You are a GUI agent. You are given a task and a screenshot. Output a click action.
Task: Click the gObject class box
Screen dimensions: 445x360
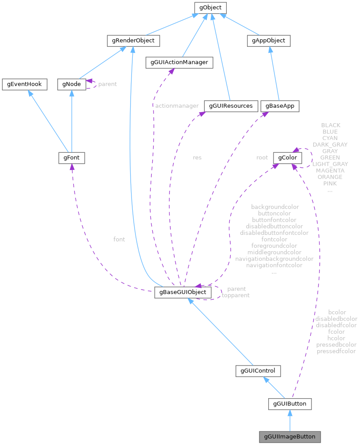pos(210,8)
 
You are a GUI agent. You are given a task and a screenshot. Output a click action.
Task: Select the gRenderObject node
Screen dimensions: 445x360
pos(133,41)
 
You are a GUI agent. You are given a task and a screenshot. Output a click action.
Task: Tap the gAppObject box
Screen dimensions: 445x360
pos(268,41)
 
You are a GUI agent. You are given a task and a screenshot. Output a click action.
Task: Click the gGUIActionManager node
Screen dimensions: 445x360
pos(179,63)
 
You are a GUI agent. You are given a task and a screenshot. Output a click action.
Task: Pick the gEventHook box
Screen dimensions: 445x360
pos(24,84)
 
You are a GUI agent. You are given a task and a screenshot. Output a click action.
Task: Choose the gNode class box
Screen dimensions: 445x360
pos(71,84)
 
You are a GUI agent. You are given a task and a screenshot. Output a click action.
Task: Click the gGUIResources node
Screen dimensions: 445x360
pos(230,106)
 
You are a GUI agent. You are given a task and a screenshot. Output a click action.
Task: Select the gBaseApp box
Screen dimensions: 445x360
pos(280,106)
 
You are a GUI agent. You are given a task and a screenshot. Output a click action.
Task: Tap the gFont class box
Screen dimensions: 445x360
pos(71,158)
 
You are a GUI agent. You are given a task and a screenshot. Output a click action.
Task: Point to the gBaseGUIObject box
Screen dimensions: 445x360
pos(183,292)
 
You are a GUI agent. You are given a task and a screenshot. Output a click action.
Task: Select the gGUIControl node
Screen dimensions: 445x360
pos(258,371)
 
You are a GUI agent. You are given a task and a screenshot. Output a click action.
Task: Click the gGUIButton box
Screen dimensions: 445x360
pos(290,404)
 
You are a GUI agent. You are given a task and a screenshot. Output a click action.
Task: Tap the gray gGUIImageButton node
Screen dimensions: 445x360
pos(289,437)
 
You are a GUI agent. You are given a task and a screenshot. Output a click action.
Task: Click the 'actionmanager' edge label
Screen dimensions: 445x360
pos(176,106)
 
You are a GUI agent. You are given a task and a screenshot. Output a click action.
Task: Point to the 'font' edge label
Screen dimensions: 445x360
pos(119,239)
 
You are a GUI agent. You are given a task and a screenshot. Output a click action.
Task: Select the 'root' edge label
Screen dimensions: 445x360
pos(262,157)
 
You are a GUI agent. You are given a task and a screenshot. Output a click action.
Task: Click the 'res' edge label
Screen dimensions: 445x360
pos(197,157)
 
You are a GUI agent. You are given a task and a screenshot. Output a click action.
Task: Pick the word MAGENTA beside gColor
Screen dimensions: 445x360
pos(330,170)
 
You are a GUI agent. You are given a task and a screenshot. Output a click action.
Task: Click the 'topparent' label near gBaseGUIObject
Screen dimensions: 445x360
pos(235,295)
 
